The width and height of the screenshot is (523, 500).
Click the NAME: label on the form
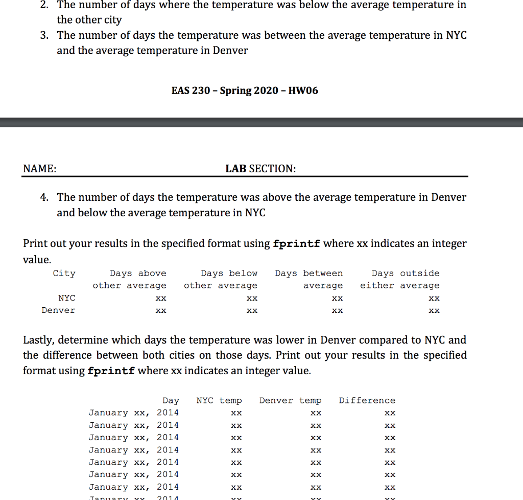tap(39, 169)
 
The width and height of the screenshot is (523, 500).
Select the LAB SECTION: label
tap(260, 169)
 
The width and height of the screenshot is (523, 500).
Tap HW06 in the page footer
tap(303, 90)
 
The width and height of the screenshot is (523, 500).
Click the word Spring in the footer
tap(235, 90)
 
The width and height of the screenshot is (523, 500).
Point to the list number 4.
tap(45, 197)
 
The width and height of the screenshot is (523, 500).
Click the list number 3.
tap(45, 35)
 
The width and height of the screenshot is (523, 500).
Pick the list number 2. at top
tap(45, 5)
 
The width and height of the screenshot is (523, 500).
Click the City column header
tap(64, 273)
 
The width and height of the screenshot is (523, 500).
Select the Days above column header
tap(138, 273)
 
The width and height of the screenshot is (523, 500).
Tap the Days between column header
tap(308, 273)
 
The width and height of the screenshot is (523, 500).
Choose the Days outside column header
tap(405, 273)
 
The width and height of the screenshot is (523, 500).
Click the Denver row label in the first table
tap(58, 310)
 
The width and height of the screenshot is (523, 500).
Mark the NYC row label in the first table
tap(66, 298)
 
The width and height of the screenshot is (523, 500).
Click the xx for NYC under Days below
tap(251, 298)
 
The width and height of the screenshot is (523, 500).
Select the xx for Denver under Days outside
tap(434, 310)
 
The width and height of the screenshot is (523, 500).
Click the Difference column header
tap(367, 400)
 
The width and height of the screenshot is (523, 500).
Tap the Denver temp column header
tap(290, 400)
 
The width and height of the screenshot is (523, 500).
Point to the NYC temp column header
tap(219, 400)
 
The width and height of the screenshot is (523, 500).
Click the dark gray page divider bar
tap(261, 122)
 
